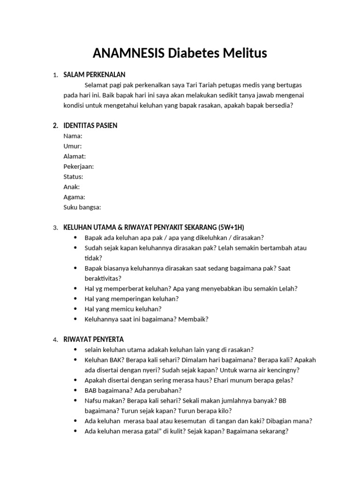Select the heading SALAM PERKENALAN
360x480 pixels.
(x=94, y=75)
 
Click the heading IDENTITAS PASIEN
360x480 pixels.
(x=90, y=126)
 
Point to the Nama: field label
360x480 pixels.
(x=73, y=136)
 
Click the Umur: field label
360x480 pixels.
(x=73, y=146)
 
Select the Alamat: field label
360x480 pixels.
(x=75, y=157)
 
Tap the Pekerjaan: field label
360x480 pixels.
(x=79, y=166)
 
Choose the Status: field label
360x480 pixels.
(x=73, y=177)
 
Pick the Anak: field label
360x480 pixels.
(x=72, y=187)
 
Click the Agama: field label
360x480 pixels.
(x=74, y=197)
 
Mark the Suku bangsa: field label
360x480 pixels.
(x=82, y=207)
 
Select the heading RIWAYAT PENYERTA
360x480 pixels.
(x=94, y=339)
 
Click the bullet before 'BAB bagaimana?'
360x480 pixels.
(x=75, y=390)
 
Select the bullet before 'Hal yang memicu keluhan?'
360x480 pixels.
(x=75, y=309)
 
